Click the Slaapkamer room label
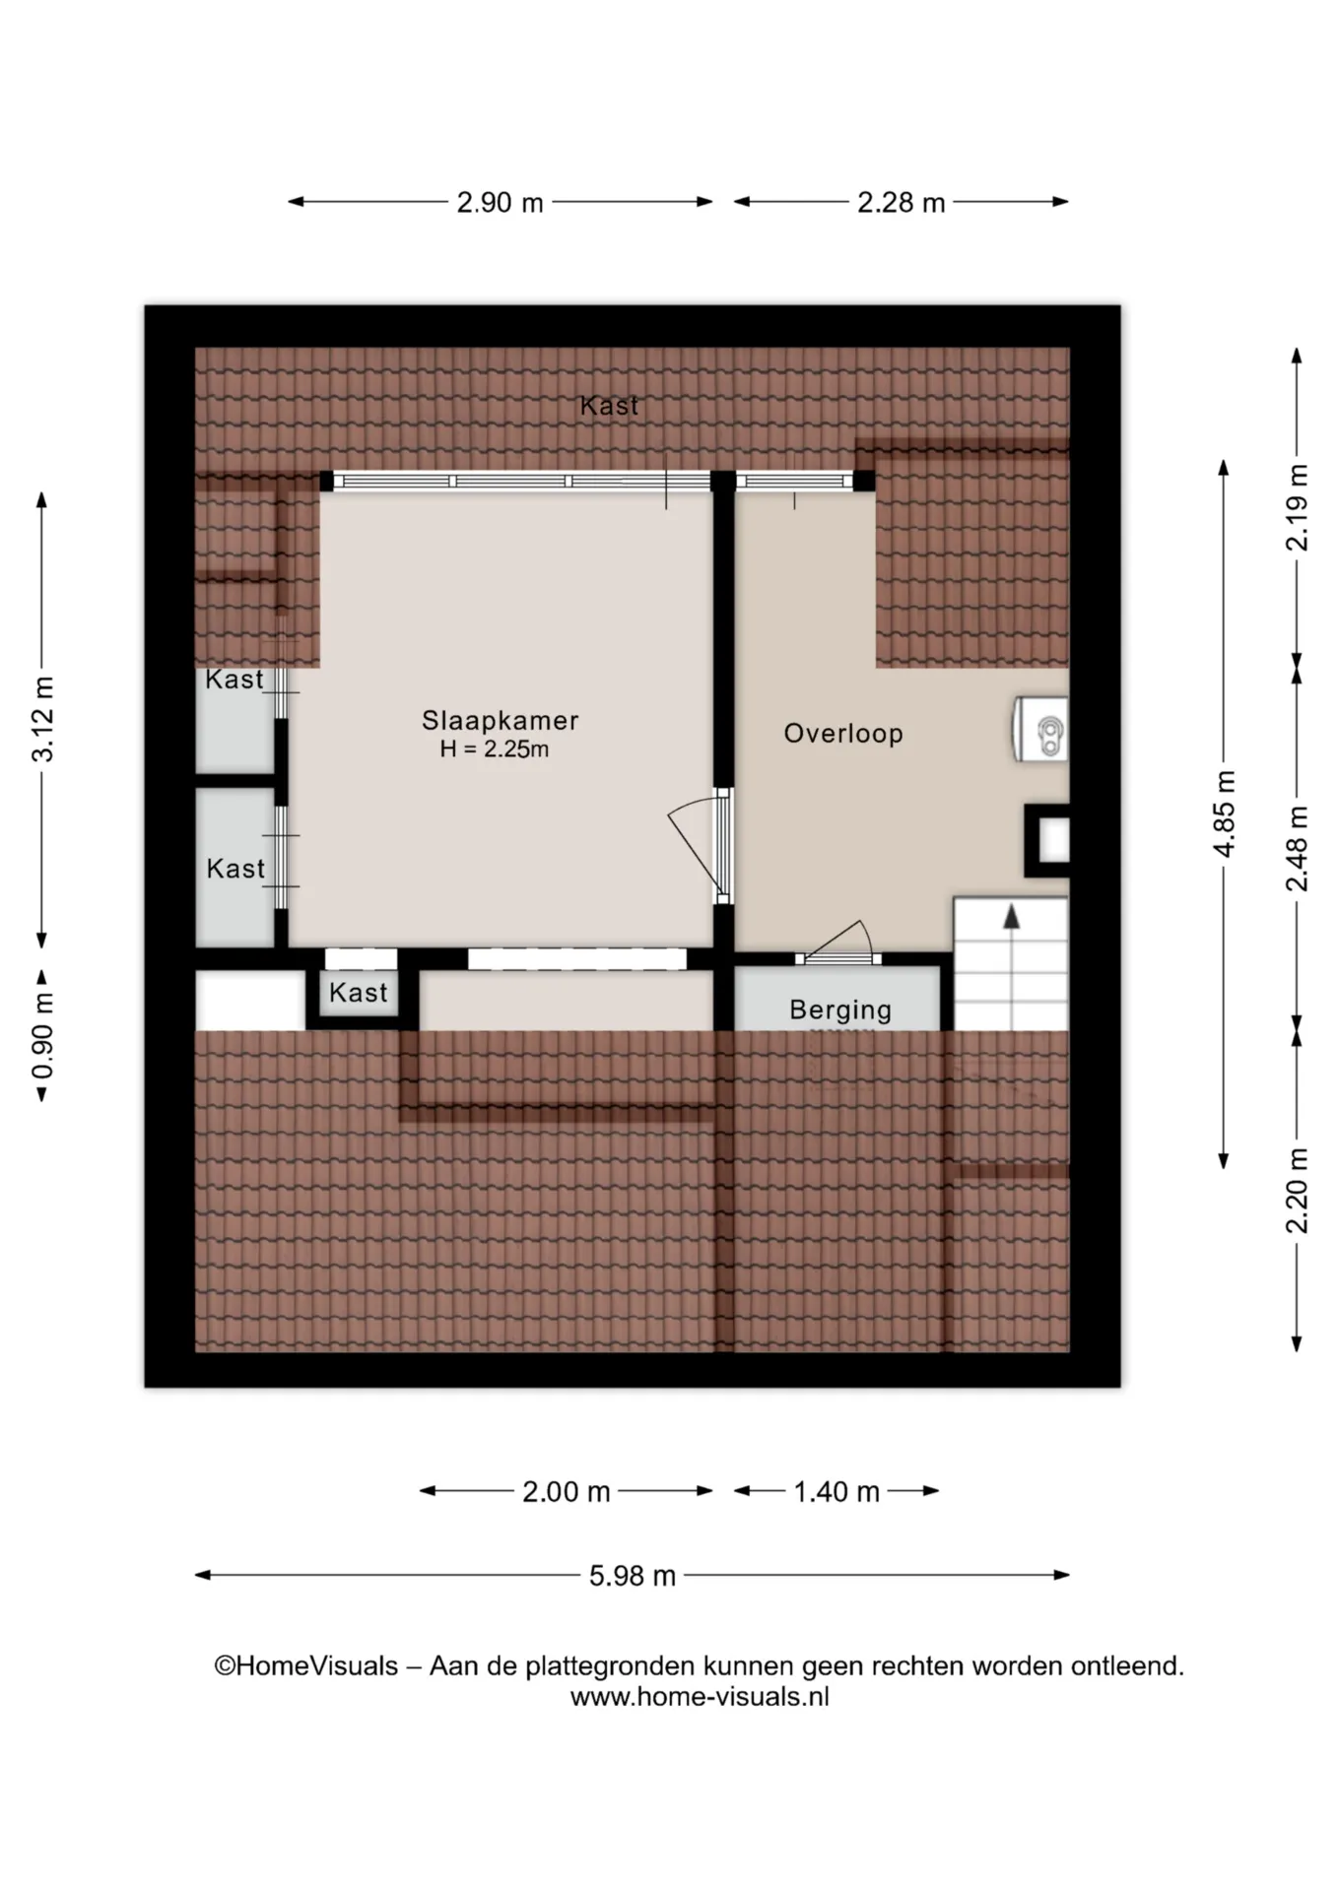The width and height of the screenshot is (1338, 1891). [x=500, y=720]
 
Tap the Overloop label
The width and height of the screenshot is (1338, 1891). [x=843, y=734]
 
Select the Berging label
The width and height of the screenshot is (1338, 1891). [x=840, y=1010]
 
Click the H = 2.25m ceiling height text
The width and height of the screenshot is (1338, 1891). [x=495, y=750]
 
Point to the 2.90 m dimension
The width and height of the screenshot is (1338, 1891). [x=500, y=203]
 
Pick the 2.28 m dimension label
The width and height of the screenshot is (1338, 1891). [x=901, y=203]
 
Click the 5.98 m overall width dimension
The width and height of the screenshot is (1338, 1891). [x=633, y=1576]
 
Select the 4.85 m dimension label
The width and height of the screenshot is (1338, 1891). [x=1224, y=814]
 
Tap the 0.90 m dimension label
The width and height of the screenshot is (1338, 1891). [x=43, y=1035]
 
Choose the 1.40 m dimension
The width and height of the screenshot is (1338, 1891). [x=836, y=1491]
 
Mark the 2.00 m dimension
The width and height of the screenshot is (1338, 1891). [x=567, y=1491]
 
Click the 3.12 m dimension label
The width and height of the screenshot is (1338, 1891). [x=43, y=720]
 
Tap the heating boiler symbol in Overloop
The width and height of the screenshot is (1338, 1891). [x=1041, y=729]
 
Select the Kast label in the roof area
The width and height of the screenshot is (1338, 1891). [x=609, y=405]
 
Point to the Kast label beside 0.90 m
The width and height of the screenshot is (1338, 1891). [x=359, y=993]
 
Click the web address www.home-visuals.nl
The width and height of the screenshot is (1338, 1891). [x=700, y=1697]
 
